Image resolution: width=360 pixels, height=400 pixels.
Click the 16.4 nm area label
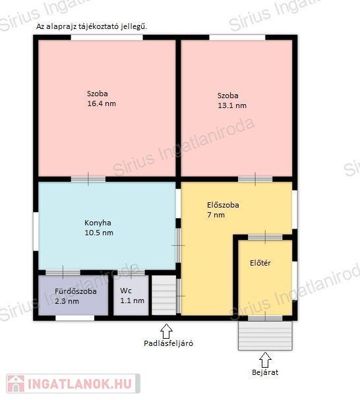click(102, 103)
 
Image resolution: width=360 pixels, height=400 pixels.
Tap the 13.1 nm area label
click(232, 105)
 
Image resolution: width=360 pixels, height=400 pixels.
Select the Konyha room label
click(98, 223)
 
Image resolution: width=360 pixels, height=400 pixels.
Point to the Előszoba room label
click(223, 205)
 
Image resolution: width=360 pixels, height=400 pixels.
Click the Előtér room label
click(260, 263)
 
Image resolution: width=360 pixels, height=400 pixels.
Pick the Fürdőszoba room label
click(76, 291)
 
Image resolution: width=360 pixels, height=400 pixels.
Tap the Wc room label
click(126, 291)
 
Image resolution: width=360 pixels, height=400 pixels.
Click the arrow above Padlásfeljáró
click(166, 331)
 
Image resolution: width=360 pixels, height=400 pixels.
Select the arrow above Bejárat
click(265, 360)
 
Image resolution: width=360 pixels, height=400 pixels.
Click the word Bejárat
click(265, 372)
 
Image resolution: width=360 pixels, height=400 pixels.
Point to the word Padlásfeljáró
click(168, 343)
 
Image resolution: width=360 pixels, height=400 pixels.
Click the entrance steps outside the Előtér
click(265, 335)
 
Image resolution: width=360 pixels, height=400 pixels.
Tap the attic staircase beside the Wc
click(164, 295)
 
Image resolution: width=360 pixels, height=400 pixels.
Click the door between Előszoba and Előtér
click(265, 237)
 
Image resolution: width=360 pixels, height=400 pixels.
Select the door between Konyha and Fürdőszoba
click(63, 272)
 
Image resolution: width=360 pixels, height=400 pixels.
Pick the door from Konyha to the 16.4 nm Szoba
click(88, 179)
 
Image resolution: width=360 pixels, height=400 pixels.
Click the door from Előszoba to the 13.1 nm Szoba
click(255, 179)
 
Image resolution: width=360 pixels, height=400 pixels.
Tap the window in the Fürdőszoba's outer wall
click(75, 318)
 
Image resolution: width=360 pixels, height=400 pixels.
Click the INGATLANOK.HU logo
click(73, 384)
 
